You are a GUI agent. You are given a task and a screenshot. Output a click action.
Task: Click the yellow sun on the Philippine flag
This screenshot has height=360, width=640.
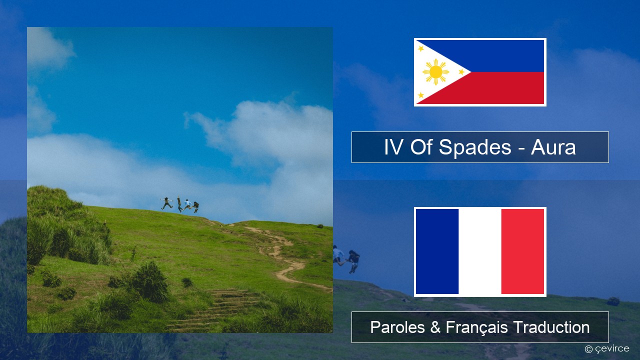(435, 72)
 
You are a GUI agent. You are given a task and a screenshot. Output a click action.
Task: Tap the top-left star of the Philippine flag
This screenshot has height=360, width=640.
(421, 48)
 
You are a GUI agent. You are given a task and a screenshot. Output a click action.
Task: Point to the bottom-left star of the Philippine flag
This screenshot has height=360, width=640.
(421, 95)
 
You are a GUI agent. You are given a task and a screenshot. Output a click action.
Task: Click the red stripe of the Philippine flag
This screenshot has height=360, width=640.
(497, 88)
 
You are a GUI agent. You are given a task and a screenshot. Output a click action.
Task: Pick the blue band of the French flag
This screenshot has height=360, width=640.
(437, 251)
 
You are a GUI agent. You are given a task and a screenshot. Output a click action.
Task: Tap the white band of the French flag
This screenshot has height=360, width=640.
(480, 251)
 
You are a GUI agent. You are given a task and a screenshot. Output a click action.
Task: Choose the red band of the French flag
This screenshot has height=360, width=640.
(522, 251)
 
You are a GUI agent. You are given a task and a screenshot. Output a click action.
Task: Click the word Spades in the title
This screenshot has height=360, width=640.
(475, 147)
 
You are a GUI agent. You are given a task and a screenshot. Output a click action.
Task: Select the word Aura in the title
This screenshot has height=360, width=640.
(553, 147)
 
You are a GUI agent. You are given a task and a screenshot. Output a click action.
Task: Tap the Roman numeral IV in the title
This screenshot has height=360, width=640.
(393, 147)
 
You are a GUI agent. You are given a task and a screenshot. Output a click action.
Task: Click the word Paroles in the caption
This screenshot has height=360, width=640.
(397, 327)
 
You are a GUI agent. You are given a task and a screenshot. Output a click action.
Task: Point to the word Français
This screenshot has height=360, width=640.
(476, 327)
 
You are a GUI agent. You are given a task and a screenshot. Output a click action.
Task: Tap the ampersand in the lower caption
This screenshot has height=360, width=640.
(435, 327)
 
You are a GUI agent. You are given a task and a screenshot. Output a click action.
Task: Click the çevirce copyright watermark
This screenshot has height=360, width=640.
(607, 349)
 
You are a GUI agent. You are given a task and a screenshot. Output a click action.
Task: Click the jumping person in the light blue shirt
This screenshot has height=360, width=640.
(187, 204)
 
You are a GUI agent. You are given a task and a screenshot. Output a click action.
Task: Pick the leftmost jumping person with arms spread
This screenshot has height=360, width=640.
(166, 203)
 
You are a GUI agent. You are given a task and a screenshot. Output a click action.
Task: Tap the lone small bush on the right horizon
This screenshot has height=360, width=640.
(320, 226)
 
